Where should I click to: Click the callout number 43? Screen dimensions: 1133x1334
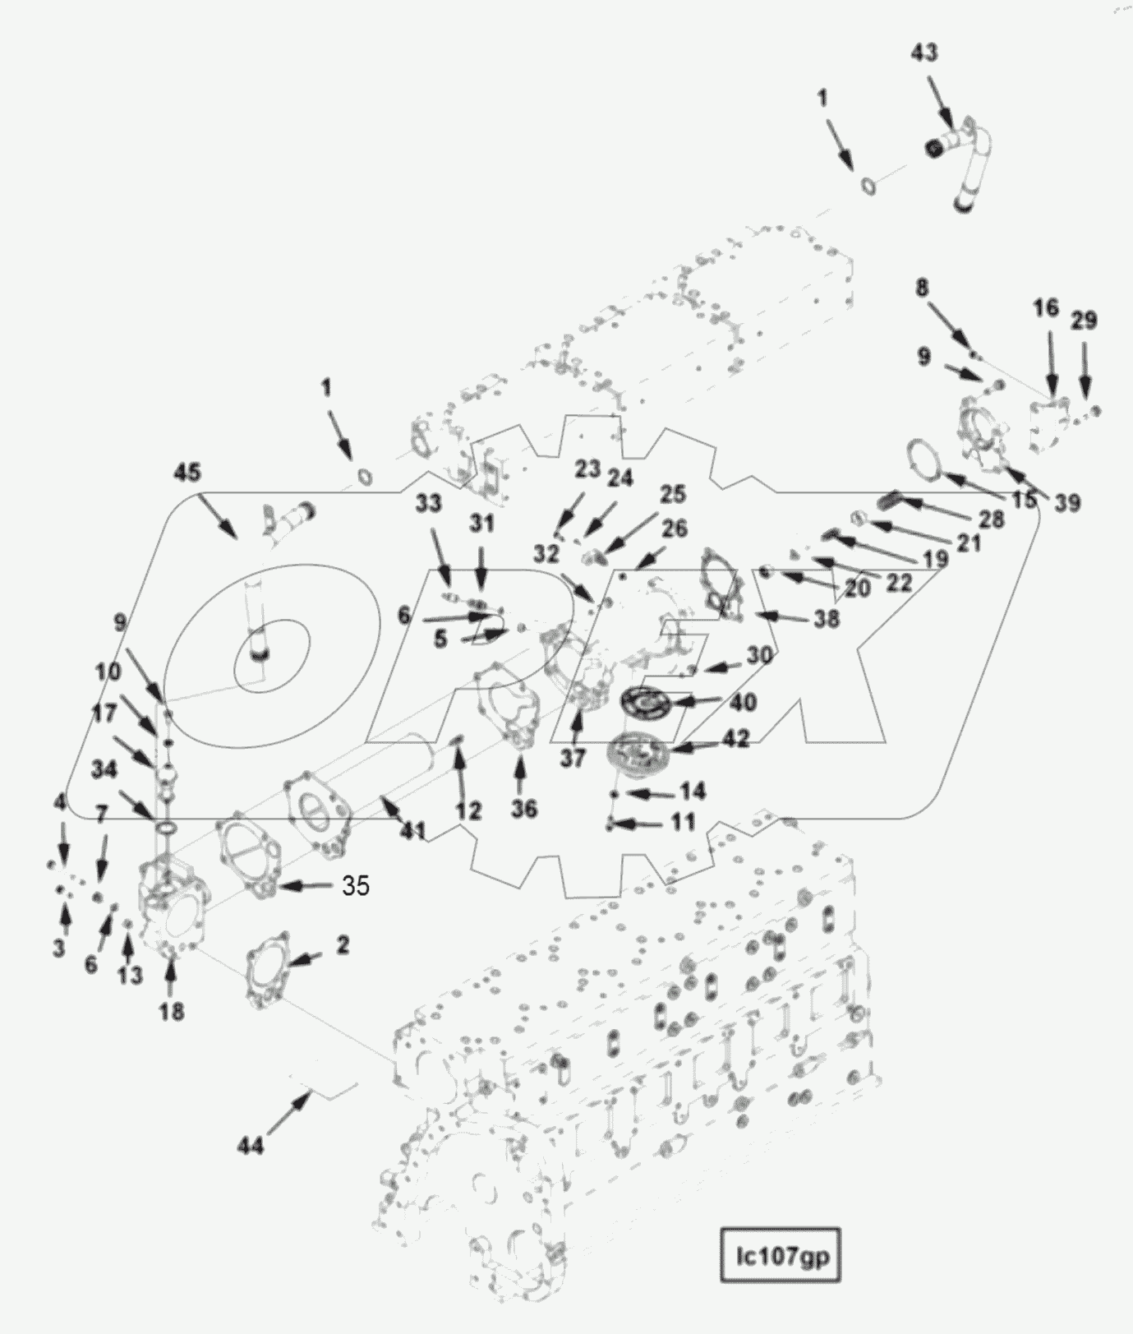tap(924, 52)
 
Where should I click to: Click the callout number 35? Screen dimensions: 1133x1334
tap(356, 885)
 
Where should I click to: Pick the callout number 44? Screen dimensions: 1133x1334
tap(251, 1145)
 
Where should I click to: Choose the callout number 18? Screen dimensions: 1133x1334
tap(171, 1011)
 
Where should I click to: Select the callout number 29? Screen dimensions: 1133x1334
tap(1085, 320)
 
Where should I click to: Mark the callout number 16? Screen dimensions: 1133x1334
tap(1046, 308)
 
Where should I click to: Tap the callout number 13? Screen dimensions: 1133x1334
tap(130, 976)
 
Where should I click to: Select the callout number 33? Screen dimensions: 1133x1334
tap(428, 503)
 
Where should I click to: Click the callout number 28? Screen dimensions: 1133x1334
tap(992, 519)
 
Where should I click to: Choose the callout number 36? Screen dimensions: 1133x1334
tap(523, 809)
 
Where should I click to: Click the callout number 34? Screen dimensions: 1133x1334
tap(104, 769)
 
